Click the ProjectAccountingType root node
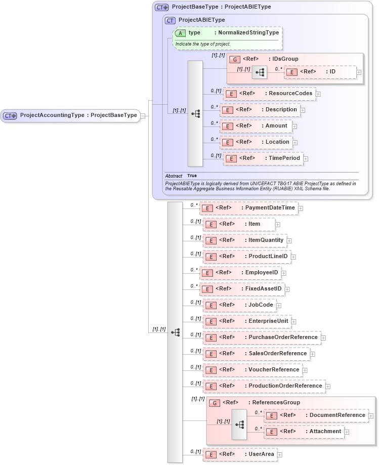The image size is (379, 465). point(71,115)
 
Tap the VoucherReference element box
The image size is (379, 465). point(252,370)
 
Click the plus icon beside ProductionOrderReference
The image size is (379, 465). point(328,387)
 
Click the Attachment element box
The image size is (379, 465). point(304,432)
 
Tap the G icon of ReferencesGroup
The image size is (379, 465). point(214,403)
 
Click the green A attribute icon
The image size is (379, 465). point(180,33)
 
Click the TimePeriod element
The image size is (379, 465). point(263,158)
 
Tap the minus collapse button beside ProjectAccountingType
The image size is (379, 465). point(144,115)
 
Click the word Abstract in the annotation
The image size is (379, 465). point(174,176)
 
